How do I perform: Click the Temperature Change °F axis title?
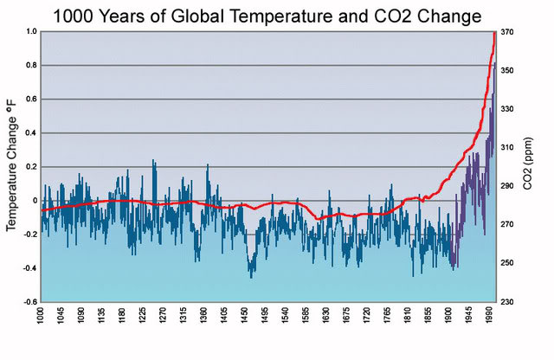click(12, 165)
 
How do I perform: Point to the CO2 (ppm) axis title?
click(530, 164)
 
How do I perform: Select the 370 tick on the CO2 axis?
click(507, 32)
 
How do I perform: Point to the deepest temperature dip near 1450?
click(251, 277)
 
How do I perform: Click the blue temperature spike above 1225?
click(153, 161)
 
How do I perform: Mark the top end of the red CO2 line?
click(494, 33)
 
